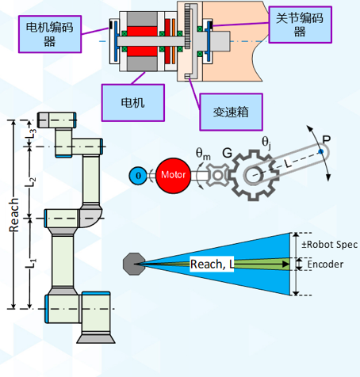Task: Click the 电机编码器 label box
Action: [x=50, y=34]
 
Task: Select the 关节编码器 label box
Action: [x=301, y=25]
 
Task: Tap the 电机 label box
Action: [x=133, y=103]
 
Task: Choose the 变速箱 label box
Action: [x=231, y=112]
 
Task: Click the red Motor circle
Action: [x=174, y=175]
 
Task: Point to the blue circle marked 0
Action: [x=138, y=176]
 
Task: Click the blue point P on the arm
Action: [x=320, y=151]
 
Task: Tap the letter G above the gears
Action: [x=227, y=153]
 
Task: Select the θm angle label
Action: [x=203, y=154]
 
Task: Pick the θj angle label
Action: [x=266, y=143]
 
